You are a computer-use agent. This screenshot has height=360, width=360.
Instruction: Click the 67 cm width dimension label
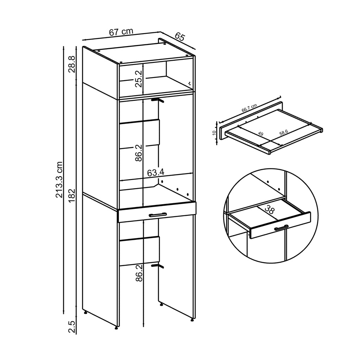click(x=121, y=32)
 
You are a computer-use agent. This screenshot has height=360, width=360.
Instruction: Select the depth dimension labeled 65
click(x=179, y=37)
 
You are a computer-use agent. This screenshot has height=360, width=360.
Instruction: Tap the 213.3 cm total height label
click(x=59, y=180)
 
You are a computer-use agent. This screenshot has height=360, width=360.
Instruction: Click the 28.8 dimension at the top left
click(x=71, y=64)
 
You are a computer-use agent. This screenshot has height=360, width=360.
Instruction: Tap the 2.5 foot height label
click(x=71, y=326)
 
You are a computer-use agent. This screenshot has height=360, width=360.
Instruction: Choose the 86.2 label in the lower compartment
click(x=139, y=272)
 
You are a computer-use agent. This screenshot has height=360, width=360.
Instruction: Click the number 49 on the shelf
click(x=261, y=134)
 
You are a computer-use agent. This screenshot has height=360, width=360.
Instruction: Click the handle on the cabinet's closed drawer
click(x=157, y=214)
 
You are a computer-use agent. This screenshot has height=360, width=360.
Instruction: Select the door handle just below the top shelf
click(x=157, y=101)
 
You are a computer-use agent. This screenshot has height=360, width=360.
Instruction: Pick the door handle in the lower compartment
click(x=157, y=266)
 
